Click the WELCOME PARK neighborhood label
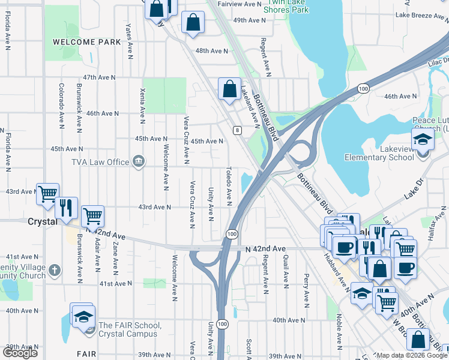click(x=86, y=42)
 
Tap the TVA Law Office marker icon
click(x=139, y=161)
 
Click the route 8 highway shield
click(x=238, y=130)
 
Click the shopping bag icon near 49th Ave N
click(x=193, y=23)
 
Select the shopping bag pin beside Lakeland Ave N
click(x=229, y=89)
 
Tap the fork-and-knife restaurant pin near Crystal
click(x=67, y=207)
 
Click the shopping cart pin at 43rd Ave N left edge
click(x=47, y=194)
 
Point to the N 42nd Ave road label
click(x=265, y=248)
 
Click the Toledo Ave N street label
click(x=229, y=186)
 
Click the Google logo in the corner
click(x=20, y=353)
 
